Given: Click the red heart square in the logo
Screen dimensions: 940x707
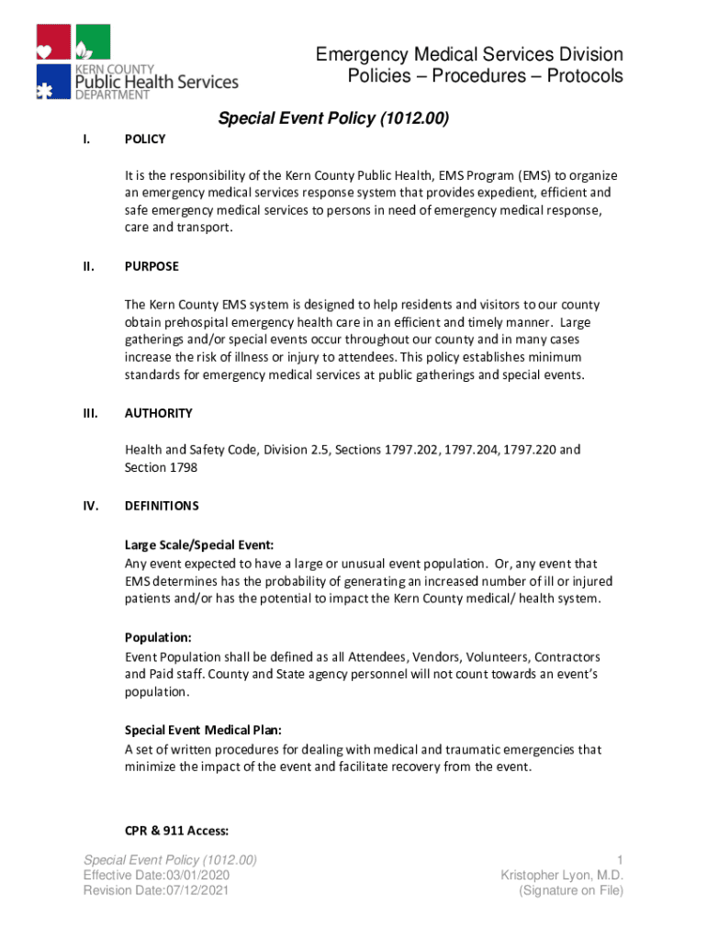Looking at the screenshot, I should click(53, 42).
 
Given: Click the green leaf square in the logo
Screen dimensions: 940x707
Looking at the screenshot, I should click(92, 42).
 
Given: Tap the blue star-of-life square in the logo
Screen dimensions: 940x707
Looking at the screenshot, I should click(53, 81).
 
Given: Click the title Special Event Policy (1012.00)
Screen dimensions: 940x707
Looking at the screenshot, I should click(331, 118).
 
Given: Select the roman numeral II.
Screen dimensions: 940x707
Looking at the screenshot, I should click(88, 266).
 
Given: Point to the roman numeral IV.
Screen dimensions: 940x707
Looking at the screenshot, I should click(90, 506).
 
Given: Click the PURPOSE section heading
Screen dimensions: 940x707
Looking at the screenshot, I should click(151, 266).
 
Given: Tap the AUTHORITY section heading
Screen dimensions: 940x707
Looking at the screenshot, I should click(158, 413).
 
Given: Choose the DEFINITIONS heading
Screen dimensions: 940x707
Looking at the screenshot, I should click(162, 506).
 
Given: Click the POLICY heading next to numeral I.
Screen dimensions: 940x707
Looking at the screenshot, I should click(145, 139).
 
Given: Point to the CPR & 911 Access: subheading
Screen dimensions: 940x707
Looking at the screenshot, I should click(176, 832).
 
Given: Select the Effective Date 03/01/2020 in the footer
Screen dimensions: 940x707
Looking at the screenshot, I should click(156, 875).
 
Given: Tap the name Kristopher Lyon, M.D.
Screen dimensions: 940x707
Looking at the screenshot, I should click(562, 875).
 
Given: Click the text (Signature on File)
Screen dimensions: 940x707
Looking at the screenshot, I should click(571, 890).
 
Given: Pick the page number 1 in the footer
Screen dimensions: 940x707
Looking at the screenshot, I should click(620, 859).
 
